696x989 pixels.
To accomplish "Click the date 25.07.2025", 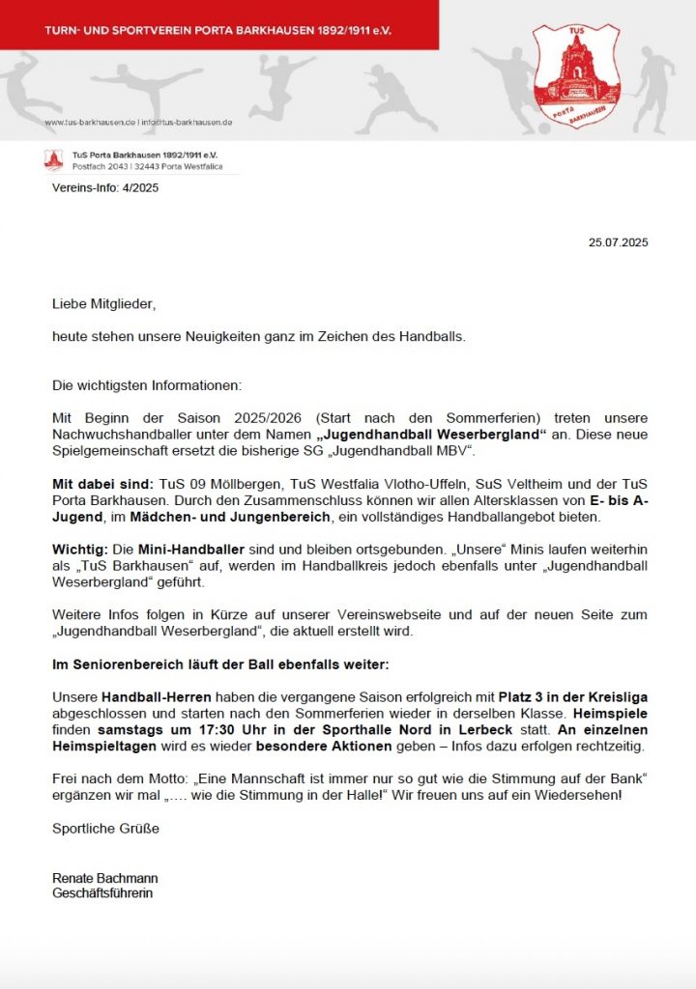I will [619, 242].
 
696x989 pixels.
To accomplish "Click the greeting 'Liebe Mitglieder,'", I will [103, 304].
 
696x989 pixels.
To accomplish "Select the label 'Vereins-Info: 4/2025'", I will [105, 188].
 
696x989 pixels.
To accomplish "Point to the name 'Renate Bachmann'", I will [105, 878].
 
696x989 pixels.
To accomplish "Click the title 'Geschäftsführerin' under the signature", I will [102, 893].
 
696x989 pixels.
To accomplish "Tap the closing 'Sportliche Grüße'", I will [106, 828].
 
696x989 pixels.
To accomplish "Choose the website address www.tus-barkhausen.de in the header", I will [89, 123].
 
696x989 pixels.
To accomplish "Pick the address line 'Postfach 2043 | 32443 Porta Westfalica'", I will [147, 167].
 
